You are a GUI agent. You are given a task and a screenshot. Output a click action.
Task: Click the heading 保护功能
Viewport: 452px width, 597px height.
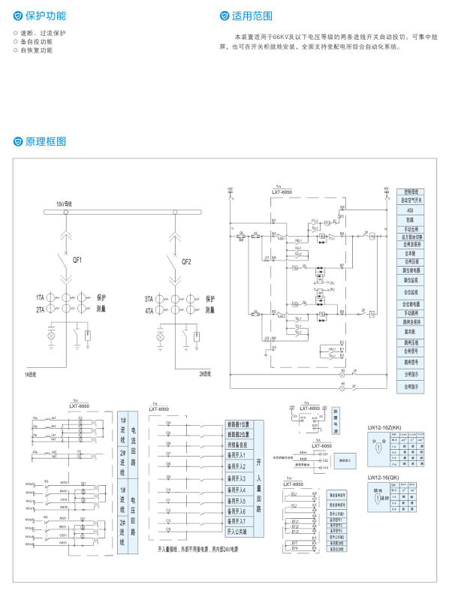point(44,15)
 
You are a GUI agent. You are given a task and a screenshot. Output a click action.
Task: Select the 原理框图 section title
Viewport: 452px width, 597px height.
point(45,141)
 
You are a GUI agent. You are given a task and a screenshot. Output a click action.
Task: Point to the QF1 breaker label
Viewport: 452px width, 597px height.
point(77,261)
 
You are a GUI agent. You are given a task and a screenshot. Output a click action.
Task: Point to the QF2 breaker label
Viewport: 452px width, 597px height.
point(186,262)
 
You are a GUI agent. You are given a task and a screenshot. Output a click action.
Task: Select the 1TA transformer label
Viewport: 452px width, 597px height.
point(39,298)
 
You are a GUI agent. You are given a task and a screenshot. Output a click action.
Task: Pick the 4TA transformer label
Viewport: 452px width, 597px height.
point(149,309)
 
